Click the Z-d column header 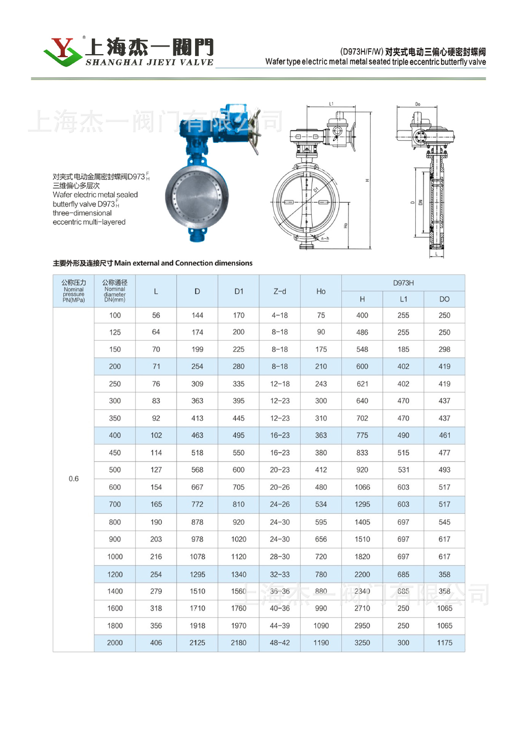(280, 291)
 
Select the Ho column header (321, 291)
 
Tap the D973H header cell (403, 283)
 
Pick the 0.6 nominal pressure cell (74, 479)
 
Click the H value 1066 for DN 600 (362, 487)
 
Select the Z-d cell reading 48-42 (280, 643)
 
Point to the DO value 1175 (444, 643)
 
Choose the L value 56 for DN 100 (156, 315)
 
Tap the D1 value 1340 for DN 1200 (238, 575)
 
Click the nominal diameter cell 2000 (115, 643)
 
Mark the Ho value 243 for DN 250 (321, 384)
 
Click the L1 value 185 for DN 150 (403, 349)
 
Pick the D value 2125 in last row (197, 643)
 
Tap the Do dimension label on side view (418, 104)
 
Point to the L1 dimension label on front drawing (331, 104)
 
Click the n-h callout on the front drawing (325, 239)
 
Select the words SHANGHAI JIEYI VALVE (149, 63)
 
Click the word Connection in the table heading (194, 263)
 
